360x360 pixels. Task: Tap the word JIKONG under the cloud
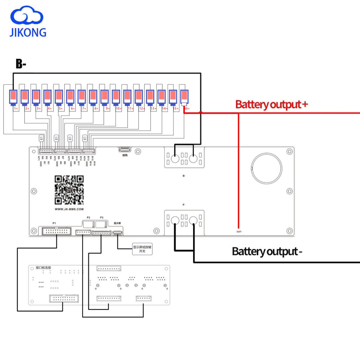[28, 32]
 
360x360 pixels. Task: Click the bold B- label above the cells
[21, 64]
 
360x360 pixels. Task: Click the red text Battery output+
[271, 104]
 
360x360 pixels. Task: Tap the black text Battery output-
[267, 251]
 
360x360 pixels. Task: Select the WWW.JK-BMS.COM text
[69, 209]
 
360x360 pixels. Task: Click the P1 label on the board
[54, 223]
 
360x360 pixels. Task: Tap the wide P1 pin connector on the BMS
[57, 231]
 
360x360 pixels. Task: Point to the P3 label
[101, 217]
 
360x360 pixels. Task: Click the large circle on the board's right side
[266, 169]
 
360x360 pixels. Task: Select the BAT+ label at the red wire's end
[239, 232]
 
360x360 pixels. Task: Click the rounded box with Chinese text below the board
[142, 249]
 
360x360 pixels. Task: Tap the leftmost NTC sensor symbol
[41, 138]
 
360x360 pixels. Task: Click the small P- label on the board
[184, 205]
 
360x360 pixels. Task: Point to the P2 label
[88, 217]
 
